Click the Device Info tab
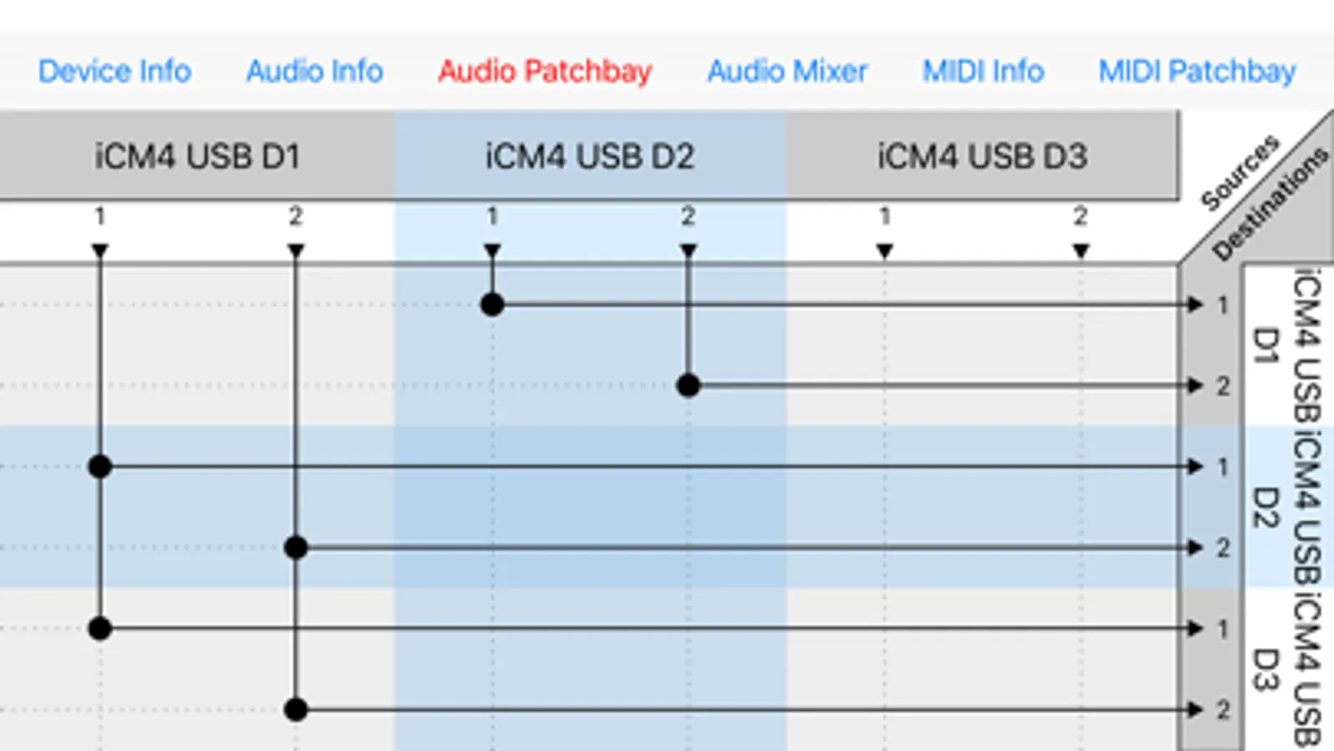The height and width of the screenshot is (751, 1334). pyautogui.click(x=114, y=72)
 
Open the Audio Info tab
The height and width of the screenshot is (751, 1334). pyautogui.click(x=315, y=72)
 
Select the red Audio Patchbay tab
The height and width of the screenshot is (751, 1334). pyautogui.click(x=545, y=72)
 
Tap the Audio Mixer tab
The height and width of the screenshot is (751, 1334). pyautogui.click(x=787, y=72)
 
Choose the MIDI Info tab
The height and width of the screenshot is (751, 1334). pyautogui.click(x=983, y=72)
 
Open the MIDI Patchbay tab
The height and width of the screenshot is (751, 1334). pyautogui.click(x=1196, y=72)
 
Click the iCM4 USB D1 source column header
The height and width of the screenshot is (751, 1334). pyautogui.click(x=197, y=156)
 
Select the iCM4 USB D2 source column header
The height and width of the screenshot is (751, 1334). pyautogui.click(x=590, y=156)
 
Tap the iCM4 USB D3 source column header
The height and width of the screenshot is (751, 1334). pyautogui.click(x=982, y=156)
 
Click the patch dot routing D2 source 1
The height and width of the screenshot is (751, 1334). pyautogui.click(x=492, y=305)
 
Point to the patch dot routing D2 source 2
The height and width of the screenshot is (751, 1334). pyautogui.click(x=688, y=386)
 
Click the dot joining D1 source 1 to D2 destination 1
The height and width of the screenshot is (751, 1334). pyautogui.click(x=100, y=466)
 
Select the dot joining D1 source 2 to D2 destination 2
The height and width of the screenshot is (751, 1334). pyautogui.click(x=295, y=547)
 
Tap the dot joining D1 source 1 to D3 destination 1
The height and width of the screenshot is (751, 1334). pyautogui.click(x=100, y=628)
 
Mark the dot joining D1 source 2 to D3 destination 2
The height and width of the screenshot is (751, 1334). pyautogui.click(x=295, y=709)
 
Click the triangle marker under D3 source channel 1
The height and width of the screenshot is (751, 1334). pyautogui.click(x=884, y=250)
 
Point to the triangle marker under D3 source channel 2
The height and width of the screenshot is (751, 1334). pyautogui.click(x=1080, y=250)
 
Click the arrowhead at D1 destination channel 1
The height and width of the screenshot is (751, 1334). pyautogui.click(x=1196, y=305)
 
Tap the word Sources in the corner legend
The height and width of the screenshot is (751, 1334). pyautogui.click(x=1239, y=172)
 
